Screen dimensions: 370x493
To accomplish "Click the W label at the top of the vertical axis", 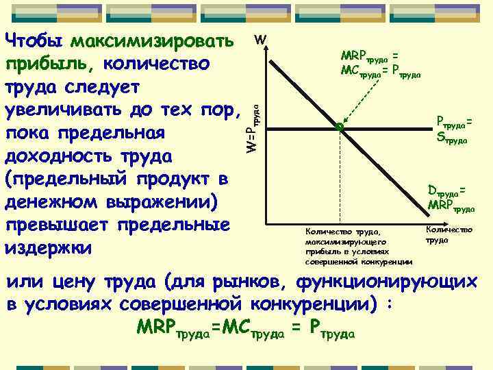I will pyautogui.click(x=260, y=40).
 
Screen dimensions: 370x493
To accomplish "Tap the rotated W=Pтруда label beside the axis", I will pyautogui.click(x=253, y=127).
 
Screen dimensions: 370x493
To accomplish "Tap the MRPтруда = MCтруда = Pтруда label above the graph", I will pyautogui.click(x=377, y=62).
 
